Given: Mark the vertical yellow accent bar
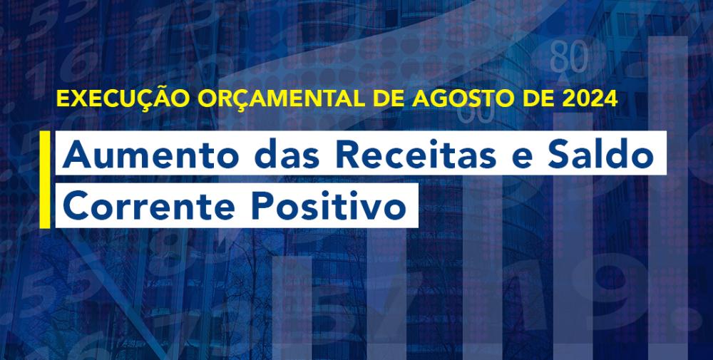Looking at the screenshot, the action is click(x=44, y=180).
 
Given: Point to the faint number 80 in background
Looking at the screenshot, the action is click(x=568, y=58).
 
